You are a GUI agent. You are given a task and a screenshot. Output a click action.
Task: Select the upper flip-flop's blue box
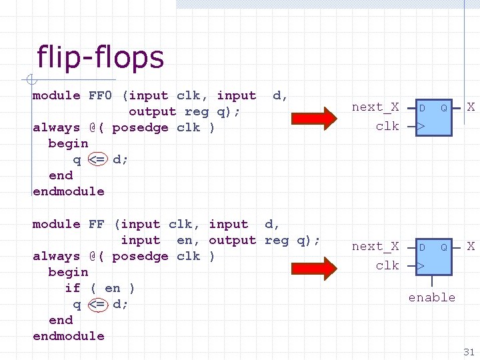(433, 117)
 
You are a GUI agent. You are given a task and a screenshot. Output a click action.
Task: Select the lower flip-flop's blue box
(433, 256)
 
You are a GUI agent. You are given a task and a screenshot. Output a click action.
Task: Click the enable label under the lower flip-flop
(432, 297)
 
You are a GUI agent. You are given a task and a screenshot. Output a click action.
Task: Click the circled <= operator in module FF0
(98, 159)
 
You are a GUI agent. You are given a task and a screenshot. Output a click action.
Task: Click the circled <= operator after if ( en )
(98, 304)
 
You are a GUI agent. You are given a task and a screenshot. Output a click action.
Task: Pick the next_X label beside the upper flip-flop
(375, 107)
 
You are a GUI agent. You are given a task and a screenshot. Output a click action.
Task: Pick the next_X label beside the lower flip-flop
(375, 247)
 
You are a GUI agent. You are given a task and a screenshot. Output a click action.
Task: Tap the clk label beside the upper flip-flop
(387, 126)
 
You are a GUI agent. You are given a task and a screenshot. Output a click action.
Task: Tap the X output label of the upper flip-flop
(471, 107)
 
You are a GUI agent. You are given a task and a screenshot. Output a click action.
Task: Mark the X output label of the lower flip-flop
(471, 246)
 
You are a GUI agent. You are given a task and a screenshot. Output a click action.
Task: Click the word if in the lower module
(73, 288)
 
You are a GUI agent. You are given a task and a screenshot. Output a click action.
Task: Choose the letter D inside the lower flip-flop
(422, 247)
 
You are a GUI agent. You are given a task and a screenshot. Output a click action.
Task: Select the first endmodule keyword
(69, 191)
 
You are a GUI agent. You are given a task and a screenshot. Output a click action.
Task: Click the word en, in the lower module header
(189, 240)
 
